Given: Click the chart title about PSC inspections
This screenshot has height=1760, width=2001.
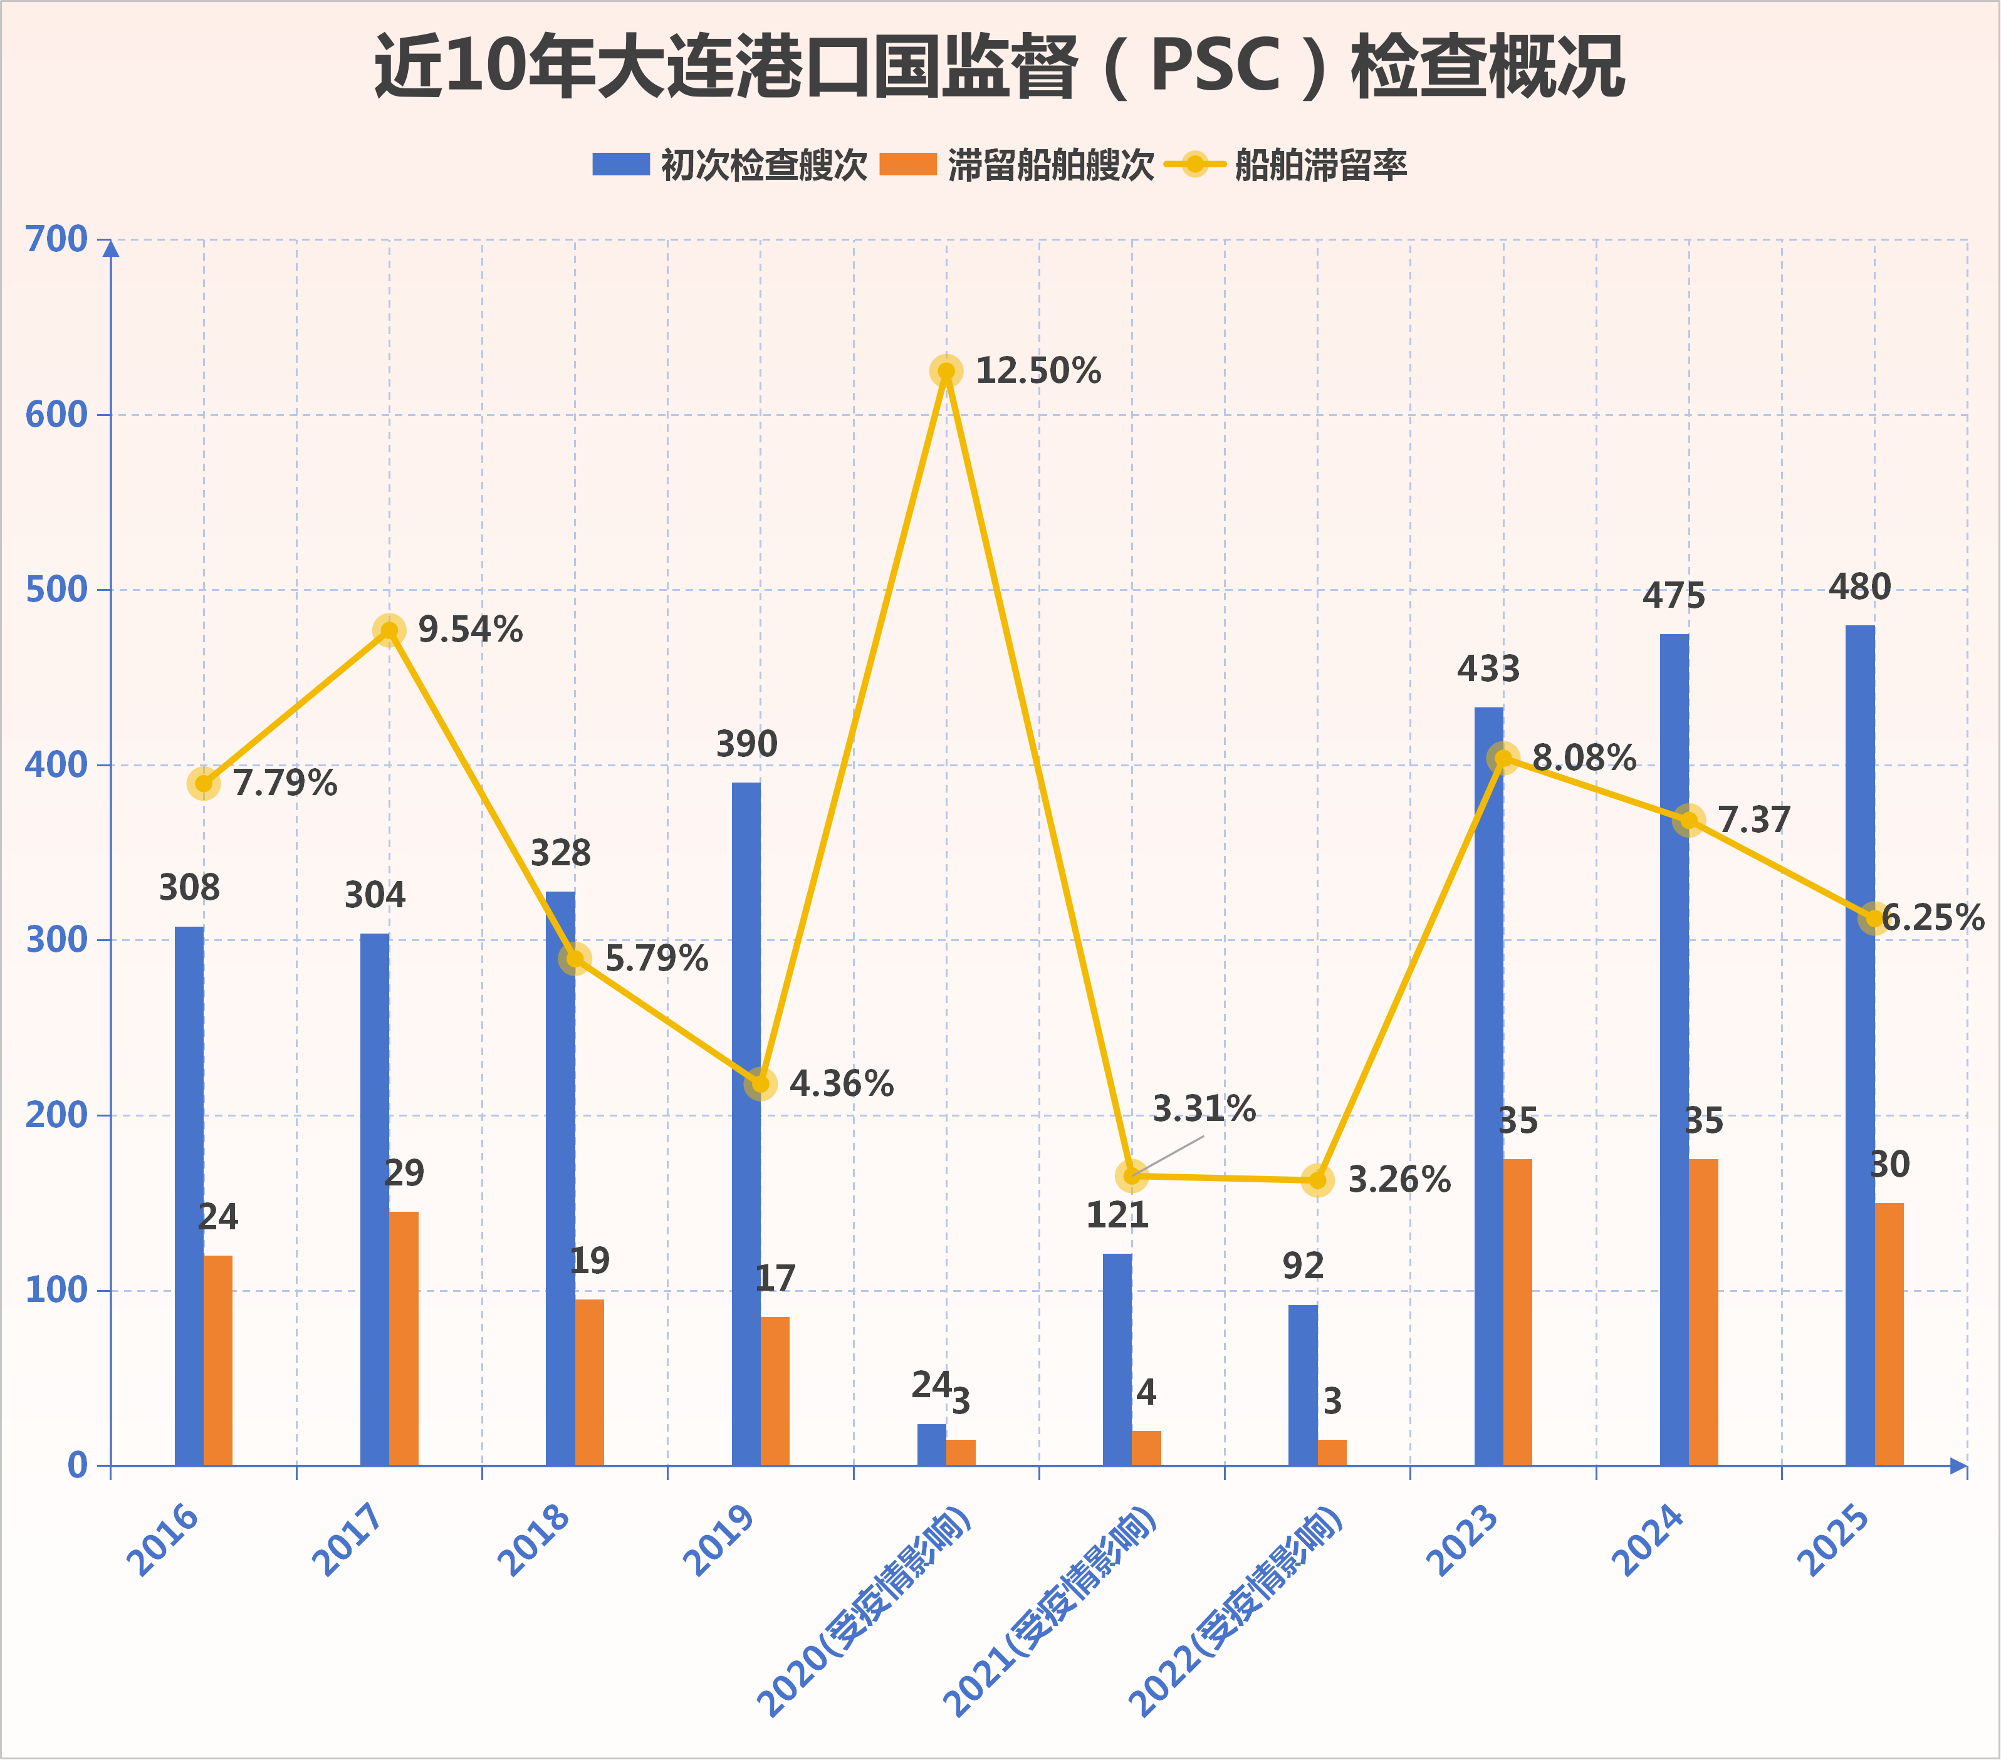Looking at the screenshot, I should [x=998, y=66].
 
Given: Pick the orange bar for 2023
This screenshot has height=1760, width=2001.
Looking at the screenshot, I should [x=1517, y=1311].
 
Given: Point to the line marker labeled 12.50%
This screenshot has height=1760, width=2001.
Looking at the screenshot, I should [x=946, y=371].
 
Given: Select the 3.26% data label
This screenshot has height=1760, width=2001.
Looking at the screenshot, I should [x=1399, y=1180].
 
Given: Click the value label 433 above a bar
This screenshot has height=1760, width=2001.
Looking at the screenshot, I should [x=1488, y=670].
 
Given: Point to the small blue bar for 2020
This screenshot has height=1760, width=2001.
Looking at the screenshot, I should [x=931, y=1445].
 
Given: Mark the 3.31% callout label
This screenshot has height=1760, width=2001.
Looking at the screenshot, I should [x=1204, y=1109].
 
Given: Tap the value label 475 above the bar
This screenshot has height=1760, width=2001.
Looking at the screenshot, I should [x=1674, y=596].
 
